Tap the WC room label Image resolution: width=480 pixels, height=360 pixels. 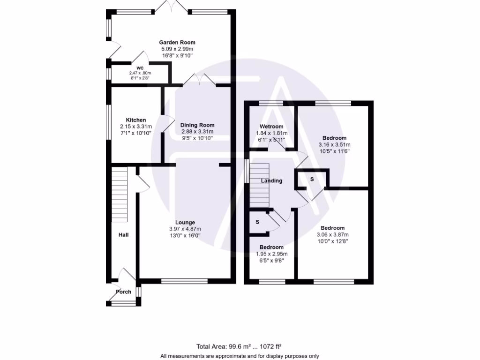(140, 68)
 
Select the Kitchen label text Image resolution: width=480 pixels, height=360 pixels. (135, 120)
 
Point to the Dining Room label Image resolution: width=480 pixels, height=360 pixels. (197, 125)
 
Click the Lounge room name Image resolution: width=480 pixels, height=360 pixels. (185, 222)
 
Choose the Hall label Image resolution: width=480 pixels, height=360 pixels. (123, 235)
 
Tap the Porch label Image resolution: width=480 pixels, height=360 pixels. (123, 292)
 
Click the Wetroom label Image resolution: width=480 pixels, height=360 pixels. (271, 127)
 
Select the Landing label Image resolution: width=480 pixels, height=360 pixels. (271, 180)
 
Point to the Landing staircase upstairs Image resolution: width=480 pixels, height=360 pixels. (260, 186)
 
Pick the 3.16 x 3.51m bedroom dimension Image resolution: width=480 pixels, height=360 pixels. (334, 145)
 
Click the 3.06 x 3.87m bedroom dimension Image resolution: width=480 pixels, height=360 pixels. (333, 235)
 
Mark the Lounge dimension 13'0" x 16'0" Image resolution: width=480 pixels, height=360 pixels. (185, 236)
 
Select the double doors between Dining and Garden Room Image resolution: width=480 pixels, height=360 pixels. (199, 81)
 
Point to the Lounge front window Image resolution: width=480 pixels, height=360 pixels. (184, 281)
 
